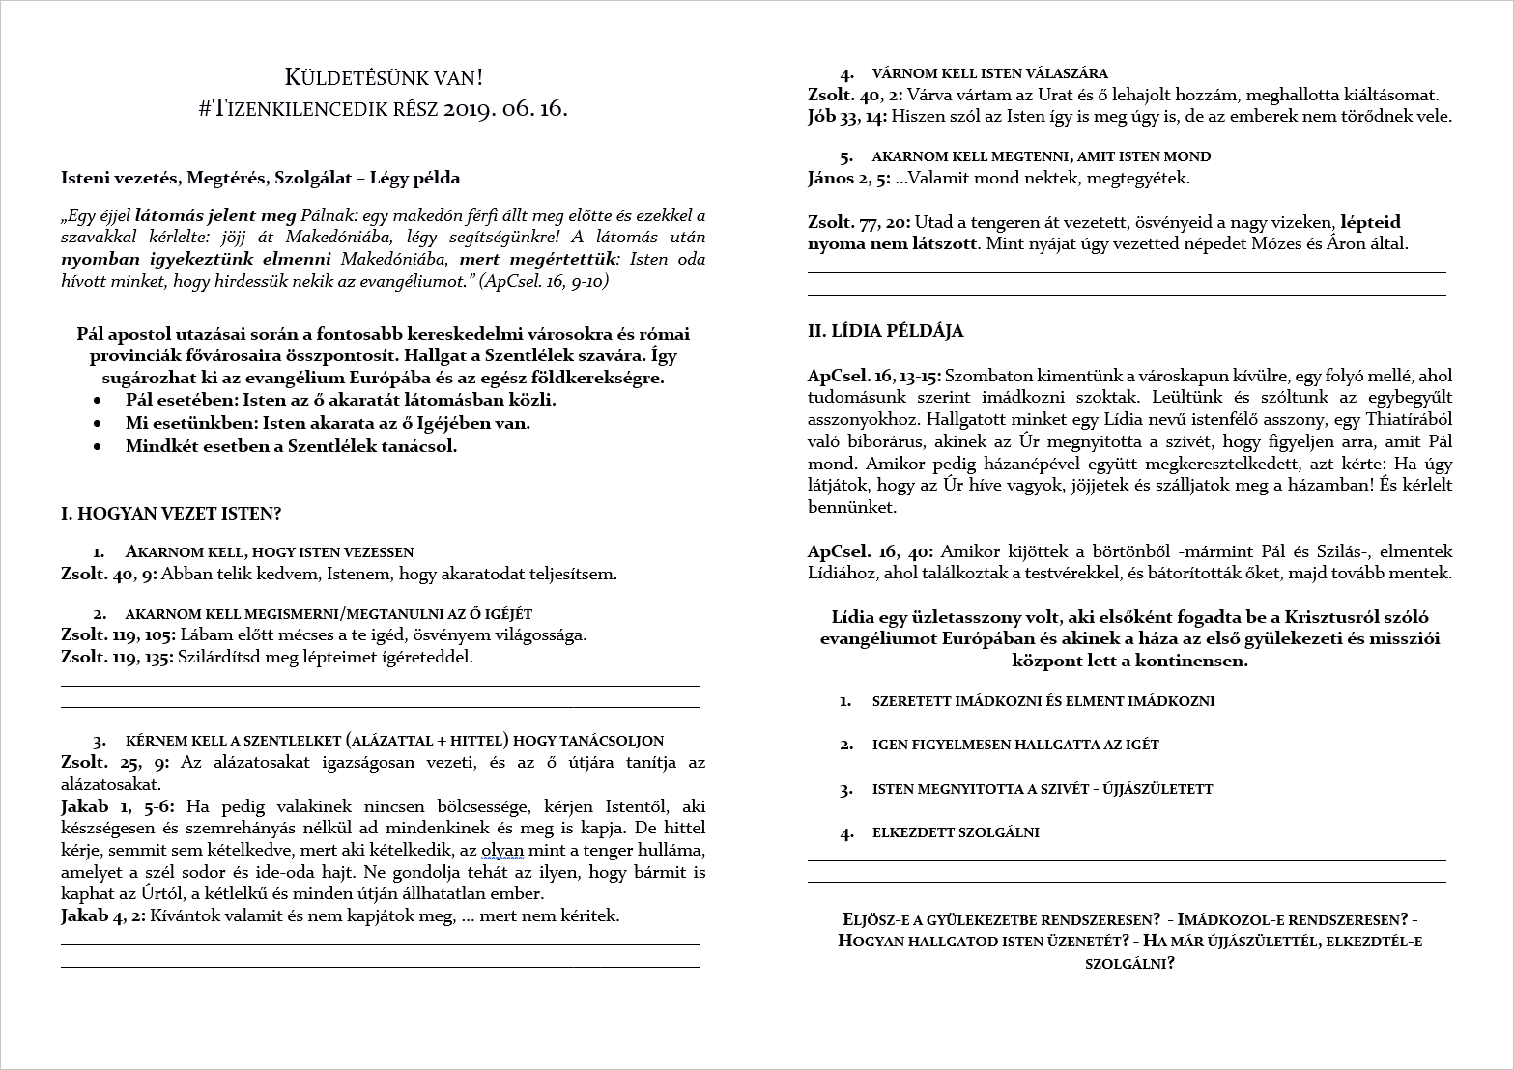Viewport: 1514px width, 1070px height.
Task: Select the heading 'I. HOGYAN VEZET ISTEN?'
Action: [x=171, y=514]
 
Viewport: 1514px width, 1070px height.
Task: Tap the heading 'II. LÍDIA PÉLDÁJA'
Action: [x=885, y=331]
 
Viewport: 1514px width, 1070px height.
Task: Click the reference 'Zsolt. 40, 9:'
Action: [x=108, y=575]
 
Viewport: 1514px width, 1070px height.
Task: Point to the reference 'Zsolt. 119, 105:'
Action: [x=118, y=635]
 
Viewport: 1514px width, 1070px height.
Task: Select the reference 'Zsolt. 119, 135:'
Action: [x=118, y=657]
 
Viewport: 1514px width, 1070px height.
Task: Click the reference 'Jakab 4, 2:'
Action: [x=102, y=915]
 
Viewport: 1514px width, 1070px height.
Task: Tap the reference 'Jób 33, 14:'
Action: [x=847, y=116]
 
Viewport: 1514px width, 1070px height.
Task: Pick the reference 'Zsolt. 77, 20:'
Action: [x=854, y=222]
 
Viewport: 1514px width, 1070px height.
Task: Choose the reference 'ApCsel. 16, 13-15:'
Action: [x=874, y=376]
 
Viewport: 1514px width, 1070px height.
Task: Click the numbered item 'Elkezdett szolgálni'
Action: [x=955, y=832]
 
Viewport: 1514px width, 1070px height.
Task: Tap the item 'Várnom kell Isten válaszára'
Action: [x=989, y=73]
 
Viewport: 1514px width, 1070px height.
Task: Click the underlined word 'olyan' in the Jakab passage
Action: [x=502, y=851]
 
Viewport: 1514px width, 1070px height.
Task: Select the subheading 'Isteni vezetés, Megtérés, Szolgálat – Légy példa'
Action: [x=260, y=178]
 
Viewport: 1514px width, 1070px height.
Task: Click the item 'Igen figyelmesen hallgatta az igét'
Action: [x=1014, y=745]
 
